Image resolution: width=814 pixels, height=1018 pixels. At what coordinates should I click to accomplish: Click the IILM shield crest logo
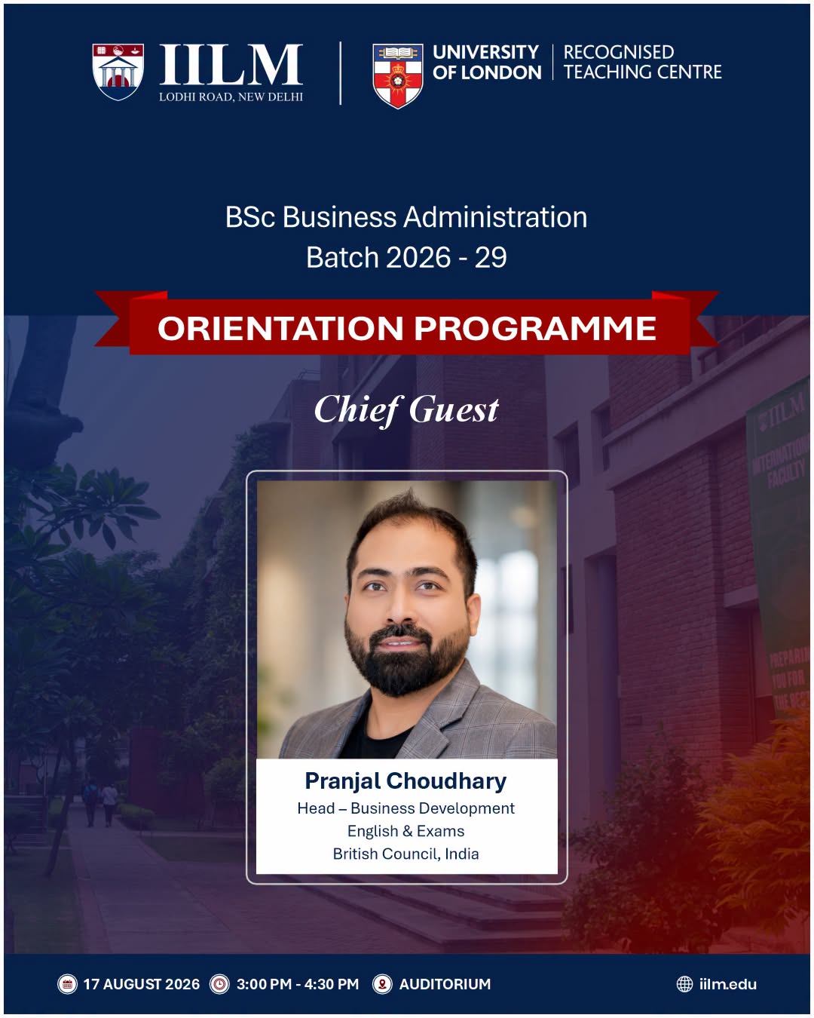[x=118, y=72]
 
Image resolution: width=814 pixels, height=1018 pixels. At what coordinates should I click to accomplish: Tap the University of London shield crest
[x=398, y=75]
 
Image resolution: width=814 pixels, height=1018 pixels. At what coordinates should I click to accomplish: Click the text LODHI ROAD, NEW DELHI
[x=231, y=97]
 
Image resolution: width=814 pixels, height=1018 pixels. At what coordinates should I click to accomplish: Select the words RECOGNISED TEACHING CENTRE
[x=642, y=62]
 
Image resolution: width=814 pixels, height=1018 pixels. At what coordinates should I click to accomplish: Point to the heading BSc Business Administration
[x=406, y=217]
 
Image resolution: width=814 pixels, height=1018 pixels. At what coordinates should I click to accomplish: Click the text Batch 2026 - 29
[x=406, y=257]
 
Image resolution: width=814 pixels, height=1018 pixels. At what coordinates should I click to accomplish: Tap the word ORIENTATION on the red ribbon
[x=280, y=328]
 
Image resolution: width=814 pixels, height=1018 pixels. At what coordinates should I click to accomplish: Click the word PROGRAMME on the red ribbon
[x=535, y=328]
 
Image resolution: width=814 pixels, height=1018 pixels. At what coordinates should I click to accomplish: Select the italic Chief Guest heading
[x=406, y=409]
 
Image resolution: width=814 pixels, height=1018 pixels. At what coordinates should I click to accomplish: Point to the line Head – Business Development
[x=405, y=808]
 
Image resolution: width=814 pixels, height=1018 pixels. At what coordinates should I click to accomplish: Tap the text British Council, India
[x=405, y=854]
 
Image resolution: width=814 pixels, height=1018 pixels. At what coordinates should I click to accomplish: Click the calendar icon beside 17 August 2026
[x=68, y=984]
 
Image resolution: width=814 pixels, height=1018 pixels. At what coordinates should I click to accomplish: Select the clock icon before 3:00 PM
[x=219, y=984]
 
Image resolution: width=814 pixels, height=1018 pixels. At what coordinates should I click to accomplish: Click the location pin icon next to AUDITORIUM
[x=382, y=984]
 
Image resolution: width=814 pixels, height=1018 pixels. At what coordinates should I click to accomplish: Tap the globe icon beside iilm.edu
[x=684, y=984]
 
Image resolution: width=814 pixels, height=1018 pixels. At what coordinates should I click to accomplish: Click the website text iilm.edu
[x=728, y=984]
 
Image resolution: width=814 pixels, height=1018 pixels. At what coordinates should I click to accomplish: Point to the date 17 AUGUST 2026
[x=142, y=984]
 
